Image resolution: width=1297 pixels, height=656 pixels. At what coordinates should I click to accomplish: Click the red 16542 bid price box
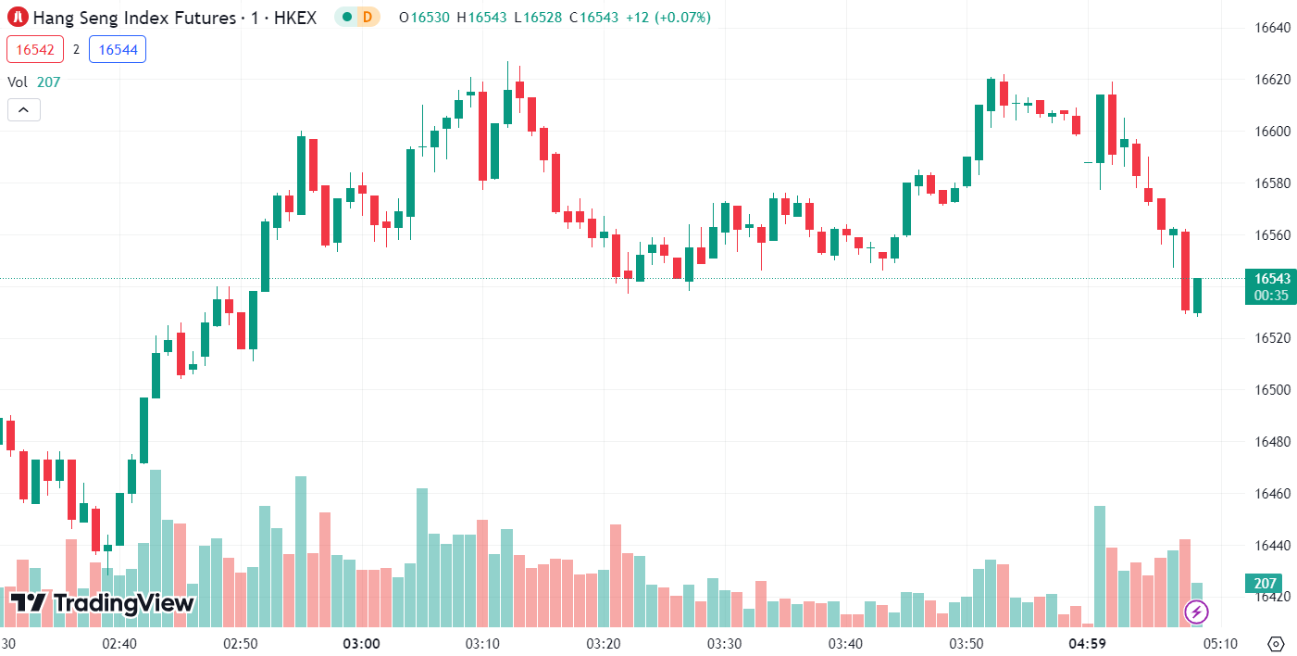(x=35, y=49)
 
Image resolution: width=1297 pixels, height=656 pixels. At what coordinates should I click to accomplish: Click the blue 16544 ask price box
(x=118, y=49)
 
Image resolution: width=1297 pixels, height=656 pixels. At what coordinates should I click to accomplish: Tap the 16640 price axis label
(x=1272, y=28)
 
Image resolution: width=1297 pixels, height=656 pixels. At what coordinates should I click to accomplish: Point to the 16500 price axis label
(x=1272, y=389)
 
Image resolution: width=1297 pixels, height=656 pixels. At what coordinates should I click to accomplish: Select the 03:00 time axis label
(x=361, y=643)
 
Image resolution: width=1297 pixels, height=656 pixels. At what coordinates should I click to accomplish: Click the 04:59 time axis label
(x=1088, y=643)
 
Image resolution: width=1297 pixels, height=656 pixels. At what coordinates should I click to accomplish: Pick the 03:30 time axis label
(x=724, y=643)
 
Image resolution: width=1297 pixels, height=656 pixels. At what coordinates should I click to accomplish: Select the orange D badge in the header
(x=368, y=17)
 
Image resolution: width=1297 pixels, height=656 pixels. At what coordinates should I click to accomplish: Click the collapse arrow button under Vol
(x=24, y=109)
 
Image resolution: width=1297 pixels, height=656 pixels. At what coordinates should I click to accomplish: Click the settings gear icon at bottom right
(x=1276, y=643)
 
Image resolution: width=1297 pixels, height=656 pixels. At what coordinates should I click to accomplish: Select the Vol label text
(x=18, y=82)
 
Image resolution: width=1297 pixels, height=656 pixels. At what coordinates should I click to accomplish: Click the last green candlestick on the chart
(x=1197, y=296)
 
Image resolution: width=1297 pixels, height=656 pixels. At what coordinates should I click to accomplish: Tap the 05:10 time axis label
(x=1220, y=643)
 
